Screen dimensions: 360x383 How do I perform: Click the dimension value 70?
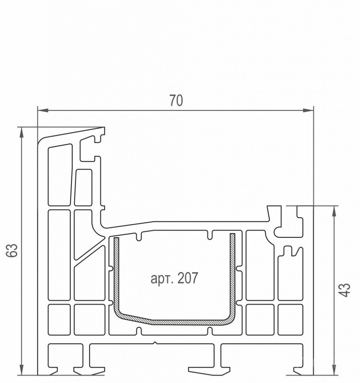(x=176, y=100)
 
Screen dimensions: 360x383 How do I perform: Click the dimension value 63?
(x=12, y=250)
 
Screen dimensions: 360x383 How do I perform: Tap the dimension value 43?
(x=345, y=290)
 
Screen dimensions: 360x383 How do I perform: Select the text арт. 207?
(x=174, y=278)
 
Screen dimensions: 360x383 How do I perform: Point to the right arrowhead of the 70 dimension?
(x=308, y=110)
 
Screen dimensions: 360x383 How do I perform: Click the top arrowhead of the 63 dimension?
(x=22, y=132)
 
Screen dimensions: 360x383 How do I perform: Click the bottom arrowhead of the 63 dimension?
(x=22, y=370)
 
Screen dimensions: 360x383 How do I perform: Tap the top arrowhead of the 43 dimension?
(x=334, y=211)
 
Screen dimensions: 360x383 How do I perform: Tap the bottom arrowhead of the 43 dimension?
(x=334, y=370)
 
